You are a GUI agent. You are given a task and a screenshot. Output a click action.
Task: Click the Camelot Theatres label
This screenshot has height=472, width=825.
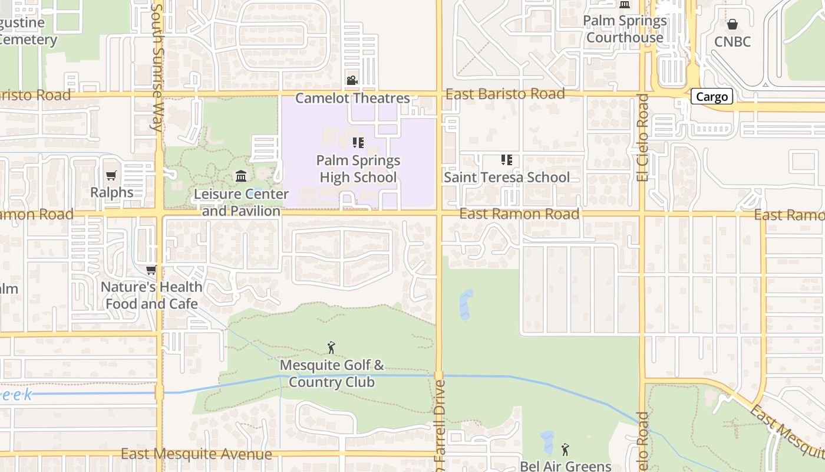(352, 98)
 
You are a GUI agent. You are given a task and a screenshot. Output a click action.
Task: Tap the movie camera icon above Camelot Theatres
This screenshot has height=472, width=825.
(352, 80)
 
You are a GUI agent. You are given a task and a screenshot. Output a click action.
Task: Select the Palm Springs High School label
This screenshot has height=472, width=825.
(358, 169)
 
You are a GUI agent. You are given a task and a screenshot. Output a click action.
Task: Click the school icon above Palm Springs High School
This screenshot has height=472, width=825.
(358, 143)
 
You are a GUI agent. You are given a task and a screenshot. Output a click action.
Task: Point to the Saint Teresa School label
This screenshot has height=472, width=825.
(507, 177)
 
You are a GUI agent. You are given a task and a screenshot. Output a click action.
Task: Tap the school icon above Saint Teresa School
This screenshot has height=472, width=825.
(506, 159)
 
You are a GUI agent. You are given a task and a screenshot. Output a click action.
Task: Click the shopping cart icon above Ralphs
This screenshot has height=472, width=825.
(111, 175)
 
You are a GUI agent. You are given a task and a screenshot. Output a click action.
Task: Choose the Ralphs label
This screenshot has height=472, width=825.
(111, 192)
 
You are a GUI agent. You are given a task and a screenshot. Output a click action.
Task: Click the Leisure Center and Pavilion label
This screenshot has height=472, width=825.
(242, 202)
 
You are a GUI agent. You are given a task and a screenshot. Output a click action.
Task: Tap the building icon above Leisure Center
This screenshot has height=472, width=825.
(241, 176)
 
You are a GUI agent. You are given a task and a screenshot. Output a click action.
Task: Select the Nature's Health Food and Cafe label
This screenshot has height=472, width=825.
(151, 296)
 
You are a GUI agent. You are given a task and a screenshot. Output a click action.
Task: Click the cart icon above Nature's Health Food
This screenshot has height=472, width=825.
(151, 270)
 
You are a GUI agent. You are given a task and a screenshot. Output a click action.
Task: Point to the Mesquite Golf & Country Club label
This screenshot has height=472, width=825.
(332, 373)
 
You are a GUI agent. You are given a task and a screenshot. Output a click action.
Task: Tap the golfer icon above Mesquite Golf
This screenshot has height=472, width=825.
(331, 348)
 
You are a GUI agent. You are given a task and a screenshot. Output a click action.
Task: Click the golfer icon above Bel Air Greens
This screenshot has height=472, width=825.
(565, 450)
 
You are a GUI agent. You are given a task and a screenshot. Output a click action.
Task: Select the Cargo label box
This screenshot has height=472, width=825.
(712, 97)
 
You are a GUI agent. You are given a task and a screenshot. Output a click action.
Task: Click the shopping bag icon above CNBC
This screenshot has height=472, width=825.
(732, 24)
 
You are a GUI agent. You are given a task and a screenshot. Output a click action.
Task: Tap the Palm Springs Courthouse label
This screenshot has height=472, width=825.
(625, 29)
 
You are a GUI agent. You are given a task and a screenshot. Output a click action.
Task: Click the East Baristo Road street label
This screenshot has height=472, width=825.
(505, 94)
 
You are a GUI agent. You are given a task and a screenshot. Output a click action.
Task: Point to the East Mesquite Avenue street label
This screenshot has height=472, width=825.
(196, 454)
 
